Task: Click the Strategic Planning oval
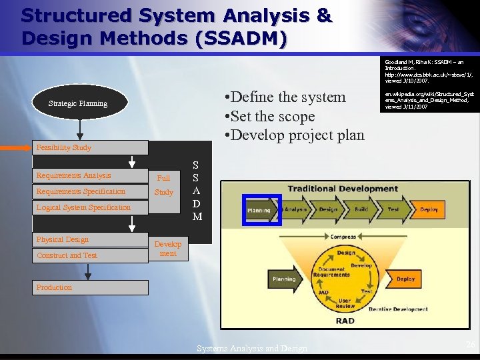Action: point(78,104)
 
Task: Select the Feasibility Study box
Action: point(91,147)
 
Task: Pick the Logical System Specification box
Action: point(90,207)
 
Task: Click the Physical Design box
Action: point(90,239)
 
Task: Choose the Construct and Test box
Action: point(90,255)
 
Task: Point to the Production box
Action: point(90,287)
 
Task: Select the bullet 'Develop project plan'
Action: point(295,135)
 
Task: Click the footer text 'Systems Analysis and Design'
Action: point(252,348)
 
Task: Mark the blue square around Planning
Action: point(261,210)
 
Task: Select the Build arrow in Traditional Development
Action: point(361,209)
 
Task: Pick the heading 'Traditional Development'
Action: point(343,189)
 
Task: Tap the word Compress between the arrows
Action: point(343,237)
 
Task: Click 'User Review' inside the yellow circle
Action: point(345,303)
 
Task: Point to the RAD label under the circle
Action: point(345,321)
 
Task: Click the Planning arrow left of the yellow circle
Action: point(285,279)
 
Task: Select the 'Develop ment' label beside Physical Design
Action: point(168,249)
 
